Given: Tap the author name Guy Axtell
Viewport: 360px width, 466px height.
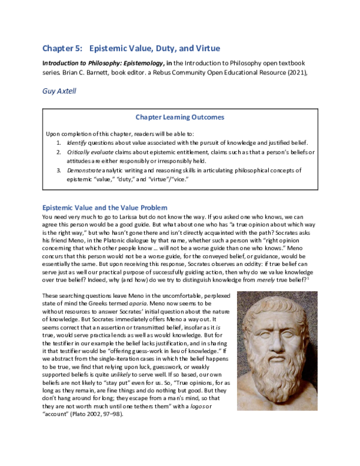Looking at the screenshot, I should coord(59,91).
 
